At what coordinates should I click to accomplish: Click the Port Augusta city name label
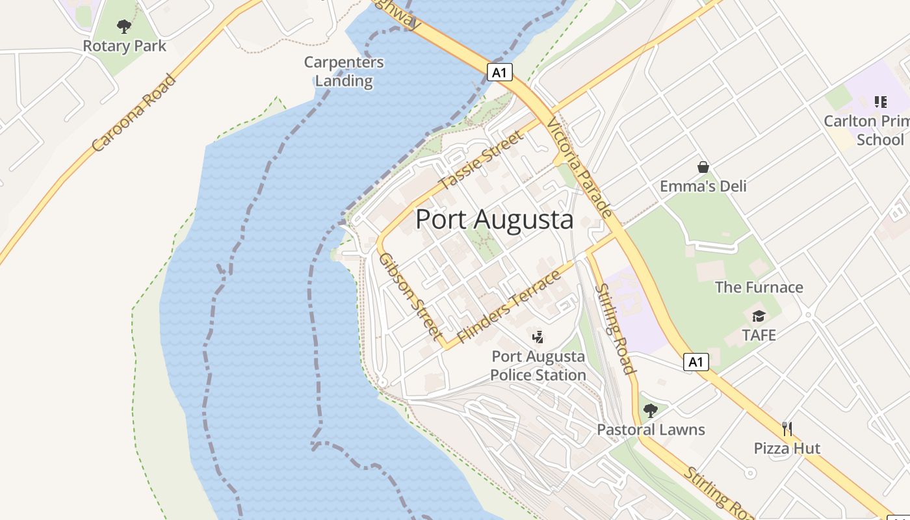[494, 220]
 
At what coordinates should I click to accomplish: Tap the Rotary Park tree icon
[124, 27]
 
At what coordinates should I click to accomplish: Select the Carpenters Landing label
[344, 71]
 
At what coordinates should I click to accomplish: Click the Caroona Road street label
[134, 113]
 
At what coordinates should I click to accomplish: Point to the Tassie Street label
[481, 160]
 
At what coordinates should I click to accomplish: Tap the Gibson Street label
[411, 296]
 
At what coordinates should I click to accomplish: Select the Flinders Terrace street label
[509, 307]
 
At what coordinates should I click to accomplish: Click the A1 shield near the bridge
[499, 72]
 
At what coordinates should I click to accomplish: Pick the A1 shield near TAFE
[695, 362]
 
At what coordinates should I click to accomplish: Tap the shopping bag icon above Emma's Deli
[703, 167]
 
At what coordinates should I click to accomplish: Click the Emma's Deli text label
[703, 187]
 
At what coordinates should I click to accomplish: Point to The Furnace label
[759, 287]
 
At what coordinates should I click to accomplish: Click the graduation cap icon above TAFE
[759, 317]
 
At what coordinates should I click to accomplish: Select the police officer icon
[538, 337]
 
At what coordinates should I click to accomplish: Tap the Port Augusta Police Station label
[538, 366]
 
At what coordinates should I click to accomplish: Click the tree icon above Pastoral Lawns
[650, 411]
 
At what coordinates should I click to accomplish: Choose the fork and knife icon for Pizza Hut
[787, 429]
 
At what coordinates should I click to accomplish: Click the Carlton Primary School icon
[881, 102]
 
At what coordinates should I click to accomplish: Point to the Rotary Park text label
[124, 46]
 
